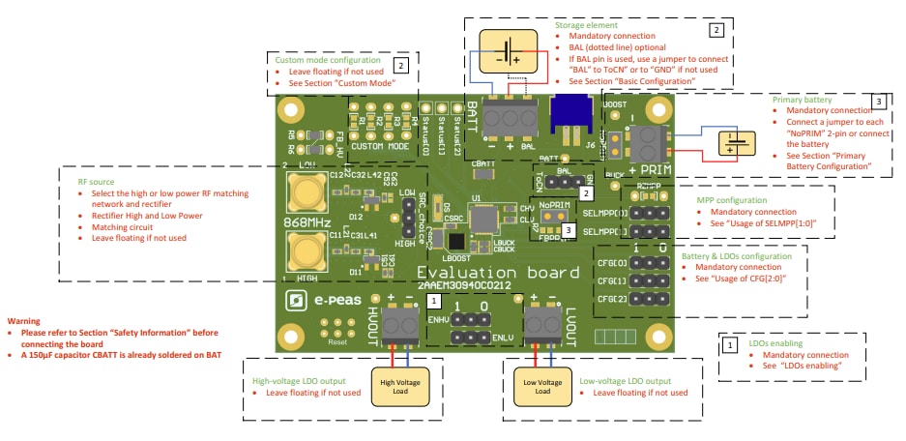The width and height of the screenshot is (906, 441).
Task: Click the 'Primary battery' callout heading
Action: click(x=801, y=99)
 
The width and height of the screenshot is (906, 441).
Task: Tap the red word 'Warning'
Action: click(x=25, y=320)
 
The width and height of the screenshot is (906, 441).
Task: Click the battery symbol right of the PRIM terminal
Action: click(x=736, y=143)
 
